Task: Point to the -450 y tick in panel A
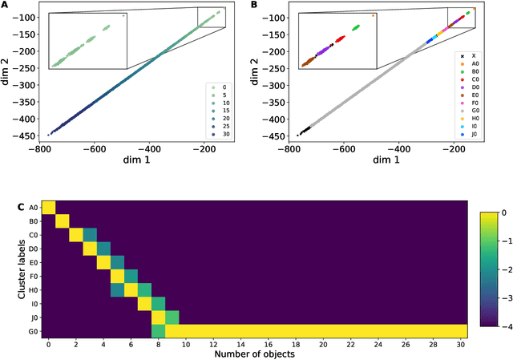click(x=24, y=136)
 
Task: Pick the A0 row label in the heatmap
click(x=33, y=208)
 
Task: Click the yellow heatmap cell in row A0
click(x=49, y=208)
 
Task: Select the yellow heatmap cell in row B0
click(x=63, y=221)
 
